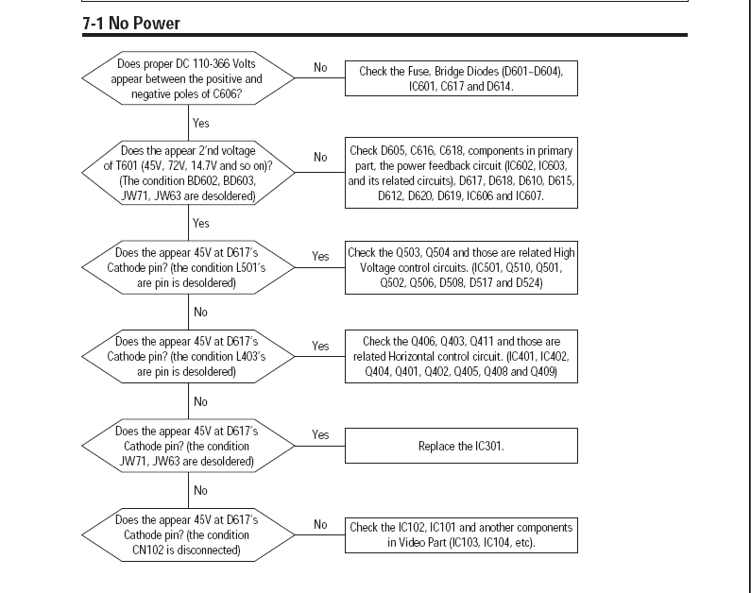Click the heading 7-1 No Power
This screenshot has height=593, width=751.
coord(131,24)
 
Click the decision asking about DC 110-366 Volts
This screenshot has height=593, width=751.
coord(188,78)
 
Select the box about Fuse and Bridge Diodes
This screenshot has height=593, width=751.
coord(461,78)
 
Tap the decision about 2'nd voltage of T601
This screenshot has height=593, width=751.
coord(188,173)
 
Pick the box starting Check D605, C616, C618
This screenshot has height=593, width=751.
coord(461,173)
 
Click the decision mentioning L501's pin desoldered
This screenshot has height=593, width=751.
coord(188,267)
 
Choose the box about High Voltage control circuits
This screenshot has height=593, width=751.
coord(461,267)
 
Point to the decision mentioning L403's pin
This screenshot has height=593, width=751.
coord(188,357)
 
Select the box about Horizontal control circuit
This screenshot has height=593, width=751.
coord(461,357)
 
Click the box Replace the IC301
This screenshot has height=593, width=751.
coord(461,446)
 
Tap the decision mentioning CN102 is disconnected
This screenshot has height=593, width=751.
coord(188,535)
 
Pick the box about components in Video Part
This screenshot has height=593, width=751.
coord(461,535)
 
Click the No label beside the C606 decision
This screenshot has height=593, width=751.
coord(320,67)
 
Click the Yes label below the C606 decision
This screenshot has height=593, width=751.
coord(200,123)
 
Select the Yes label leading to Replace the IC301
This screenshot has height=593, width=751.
coord(320,434)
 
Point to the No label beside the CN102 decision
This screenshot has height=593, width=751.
coord(320,525)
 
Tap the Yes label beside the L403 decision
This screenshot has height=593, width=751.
coord(320,346)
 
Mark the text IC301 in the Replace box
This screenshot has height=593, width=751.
coord(488,446)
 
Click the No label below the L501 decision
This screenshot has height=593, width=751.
coord(200,312)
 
